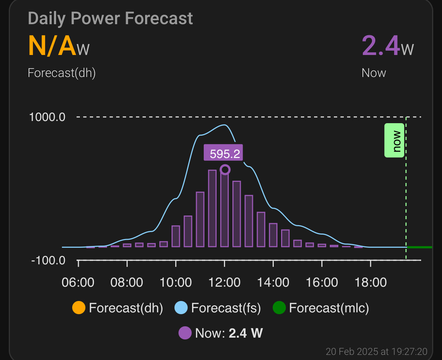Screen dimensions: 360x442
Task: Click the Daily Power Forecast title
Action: point(110,18)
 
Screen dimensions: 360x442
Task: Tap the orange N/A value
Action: point(52,47)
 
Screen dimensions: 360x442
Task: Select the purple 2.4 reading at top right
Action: point(381,46)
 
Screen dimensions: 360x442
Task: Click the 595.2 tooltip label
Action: point(224,153)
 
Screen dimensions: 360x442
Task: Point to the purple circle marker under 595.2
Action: point(225,169)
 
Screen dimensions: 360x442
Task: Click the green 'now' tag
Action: point(394,141)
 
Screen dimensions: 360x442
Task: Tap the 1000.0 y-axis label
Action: point(47,117)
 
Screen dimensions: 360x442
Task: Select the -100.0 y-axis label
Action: point(48,261)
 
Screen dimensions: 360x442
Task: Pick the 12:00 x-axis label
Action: point(224,283)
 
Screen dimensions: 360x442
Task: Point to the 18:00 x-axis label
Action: point(371,283)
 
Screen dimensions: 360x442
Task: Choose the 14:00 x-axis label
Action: point(273,283)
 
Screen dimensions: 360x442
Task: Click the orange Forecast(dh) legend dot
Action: point(79,308)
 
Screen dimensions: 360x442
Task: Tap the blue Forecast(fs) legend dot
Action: point(181,308)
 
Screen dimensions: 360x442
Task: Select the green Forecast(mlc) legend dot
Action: point(279,308)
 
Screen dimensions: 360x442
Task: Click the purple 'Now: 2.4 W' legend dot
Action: point(185,333)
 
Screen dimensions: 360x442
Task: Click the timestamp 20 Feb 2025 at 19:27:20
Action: point(376,352)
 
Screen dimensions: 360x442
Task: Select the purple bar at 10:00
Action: point(176,236)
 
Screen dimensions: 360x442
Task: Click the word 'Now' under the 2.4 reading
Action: point(373,73)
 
